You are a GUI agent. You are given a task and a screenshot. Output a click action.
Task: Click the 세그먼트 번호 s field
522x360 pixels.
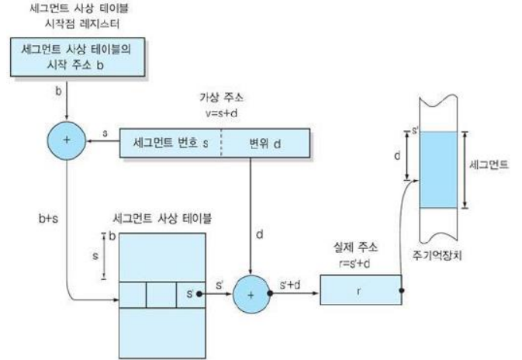click(x=171, y=144)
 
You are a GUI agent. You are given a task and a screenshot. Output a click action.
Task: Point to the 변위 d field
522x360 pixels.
click(x=266, y=144)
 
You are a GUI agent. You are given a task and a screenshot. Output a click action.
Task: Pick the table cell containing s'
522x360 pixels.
click(x=187, y=294)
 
